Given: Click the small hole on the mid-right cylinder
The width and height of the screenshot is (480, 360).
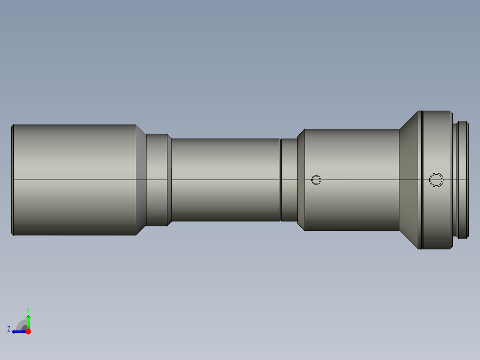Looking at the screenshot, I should pos(316,180).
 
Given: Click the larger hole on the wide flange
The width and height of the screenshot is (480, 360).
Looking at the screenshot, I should pos(436,180).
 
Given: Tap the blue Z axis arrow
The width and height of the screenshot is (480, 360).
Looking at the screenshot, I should pos(18,331).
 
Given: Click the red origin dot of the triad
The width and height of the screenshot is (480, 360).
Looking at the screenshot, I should pos(28,331).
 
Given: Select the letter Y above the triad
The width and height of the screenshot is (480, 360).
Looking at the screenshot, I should pos(28,309).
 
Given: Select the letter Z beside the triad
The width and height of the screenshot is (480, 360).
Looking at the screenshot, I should pos(9,329).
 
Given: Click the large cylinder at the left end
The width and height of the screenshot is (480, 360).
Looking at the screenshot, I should pos(73,200).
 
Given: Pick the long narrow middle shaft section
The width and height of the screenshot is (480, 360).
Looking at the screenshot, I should pos(225,200).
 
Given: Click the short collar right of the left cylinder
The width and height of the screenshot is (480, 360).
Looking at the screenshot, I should pos(157,200).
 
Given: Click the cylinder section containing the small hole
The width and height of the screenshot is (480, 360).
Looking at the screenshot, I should pos(352,205).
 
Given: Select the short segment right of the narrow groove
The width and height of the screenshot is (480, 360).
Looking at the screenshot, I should pos(289,200).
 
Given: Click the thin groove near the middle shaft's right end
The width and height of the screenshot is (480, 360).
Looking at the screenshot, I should pos(280,200).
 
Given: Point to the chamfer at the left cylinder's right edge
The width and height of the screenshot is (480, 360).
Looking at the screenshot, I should pos(141,200).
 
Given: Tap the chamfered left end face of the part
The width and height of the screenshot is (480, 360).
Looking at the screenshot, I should pos(12,200).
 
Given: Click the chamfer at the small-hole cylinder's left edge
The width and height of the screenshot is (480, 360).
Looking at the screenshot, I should pos(301,200).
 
